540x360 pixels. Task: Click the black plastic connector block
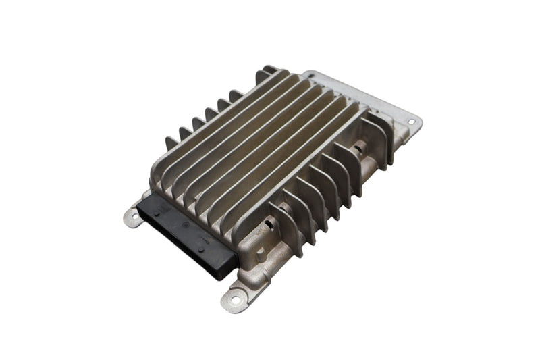[182, 233]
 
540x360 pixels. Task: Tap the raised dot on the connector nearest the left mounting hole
[156, 210]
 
